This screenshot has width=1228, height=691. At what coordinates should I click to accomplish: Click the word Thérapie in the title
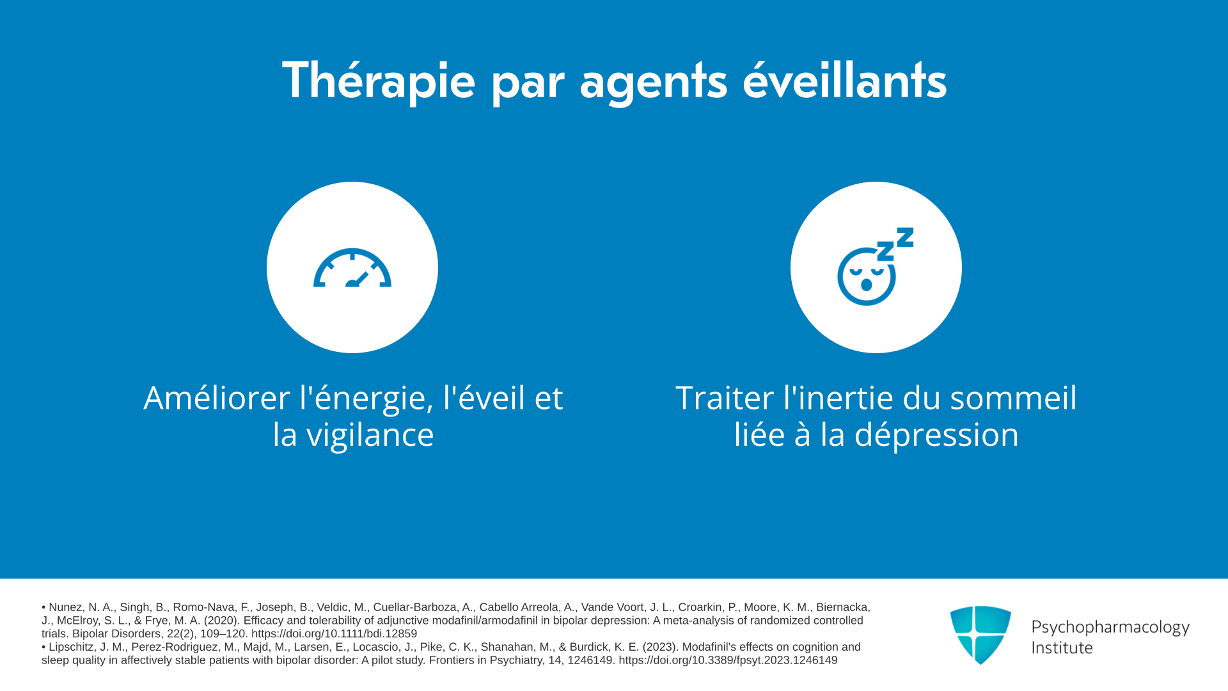coord(379,81)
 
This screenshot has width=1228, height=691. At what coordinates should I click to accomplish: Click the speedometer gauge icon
coord(352,267)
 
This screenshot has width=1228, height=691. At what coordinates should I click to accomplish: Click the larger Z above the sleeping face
coord(905,237)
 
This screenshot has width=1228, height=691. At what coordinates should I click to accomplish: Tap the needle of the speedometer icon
coord(358,280)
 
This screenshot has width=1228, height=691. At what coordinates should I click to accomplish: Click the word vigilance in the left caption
coord(370,436)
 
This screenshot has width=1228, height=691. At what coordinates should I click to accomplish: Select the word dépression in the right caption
coord(936,436)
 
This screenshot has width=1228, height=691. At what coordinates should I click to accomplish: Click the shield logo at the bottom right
coord(980,635)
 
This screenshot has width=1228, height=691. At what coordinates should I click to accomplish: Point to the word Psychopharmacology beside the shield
coord(1110,628)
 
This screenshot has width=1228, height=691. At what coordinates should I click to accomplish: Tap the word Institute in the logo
coord(1062,647)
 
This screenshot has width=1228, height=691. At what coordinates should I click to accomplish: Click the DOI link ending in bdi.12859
coord(334,633)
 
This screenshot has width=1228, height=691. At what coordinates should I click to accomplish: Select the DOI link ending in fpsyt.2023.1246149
coord(728,660)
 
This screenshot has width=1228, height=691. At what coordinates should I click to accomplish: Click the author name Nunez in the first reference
coord(65,607)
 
